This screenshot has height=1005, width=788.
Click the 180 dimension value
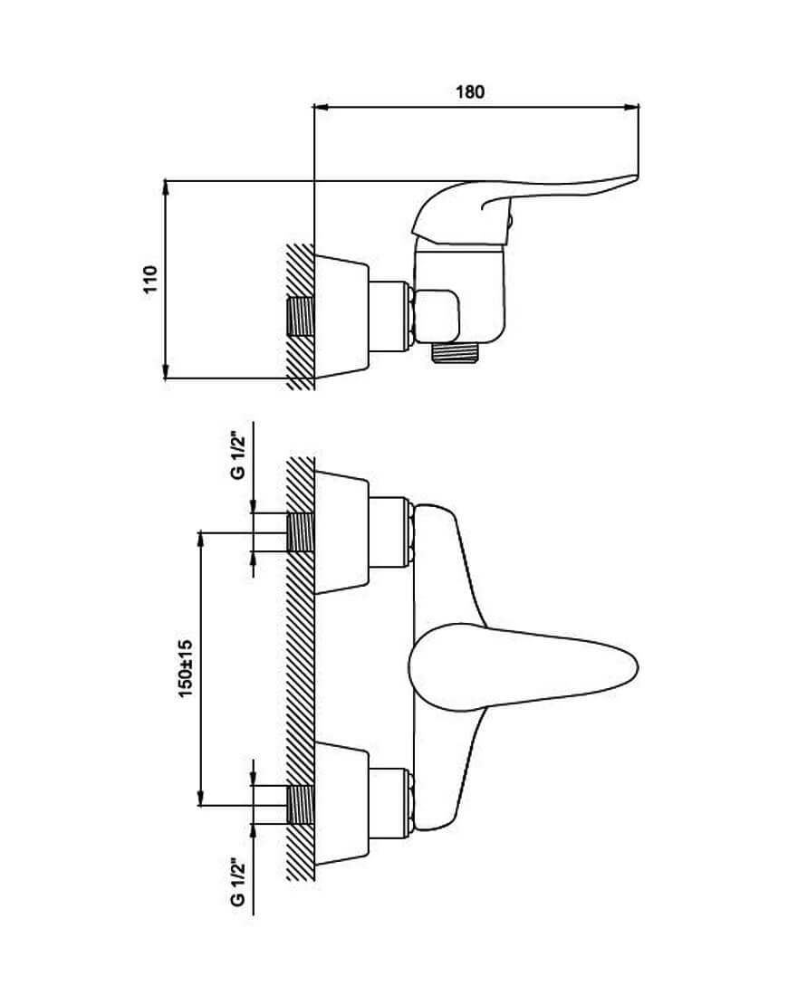tap(471, 91)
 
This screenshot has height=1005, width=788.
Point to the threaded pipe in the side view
tap(301, 317)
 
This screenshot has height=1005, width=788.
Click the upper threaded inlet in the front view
tap(301, 531)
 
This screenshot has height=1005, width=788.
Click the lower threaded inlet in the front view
tap(301, 804)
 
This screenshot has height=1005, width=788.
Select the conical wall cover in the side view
tap(342, 317)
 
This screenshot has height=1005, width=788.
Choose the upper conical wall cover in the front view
tap(342, 531)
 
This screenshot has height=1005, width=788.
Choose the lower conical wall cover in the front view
tap(342, 804)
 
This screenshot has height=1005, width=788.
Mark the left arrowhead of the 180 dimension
tap(319, 108)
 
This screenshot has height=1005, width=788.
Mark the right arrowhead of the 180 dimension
tap(633, 108)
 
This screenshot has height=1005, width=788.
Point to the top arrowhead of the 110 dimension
tap(167, 187)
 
